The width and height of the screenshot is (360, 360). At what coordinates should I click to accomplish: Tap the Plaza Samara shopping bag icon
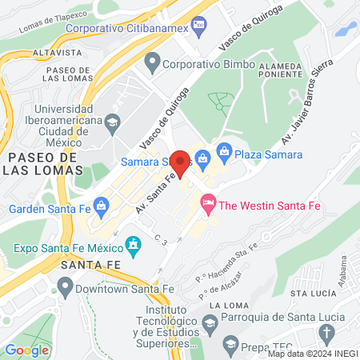click(225, 150)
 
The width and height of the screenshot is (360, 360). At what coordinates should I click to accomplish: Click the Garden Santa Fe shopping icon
click(101, 206)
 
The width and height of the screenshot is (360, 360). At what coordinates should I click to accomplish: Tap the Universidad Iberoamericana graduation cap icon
click(113, 122)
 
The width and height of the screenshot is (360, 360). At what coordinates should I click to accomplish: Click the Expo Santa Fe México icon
click(134, 242)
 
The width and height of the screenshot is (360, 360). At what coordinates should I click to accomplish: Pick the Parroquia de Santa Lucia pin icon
click(210, 323)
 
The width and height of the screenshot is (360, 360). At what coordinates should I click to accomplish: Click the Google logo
click(26, 350)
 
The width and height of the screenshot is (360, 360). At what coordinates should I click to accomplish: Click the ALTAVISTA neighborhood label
click(58, 52)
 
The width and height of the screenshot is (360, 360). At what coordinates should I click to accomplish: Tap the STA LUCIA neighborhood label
click(310, 293)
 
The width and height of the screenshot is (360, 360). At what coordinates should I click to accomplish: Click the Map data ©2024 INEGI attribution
click(311, 353)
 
